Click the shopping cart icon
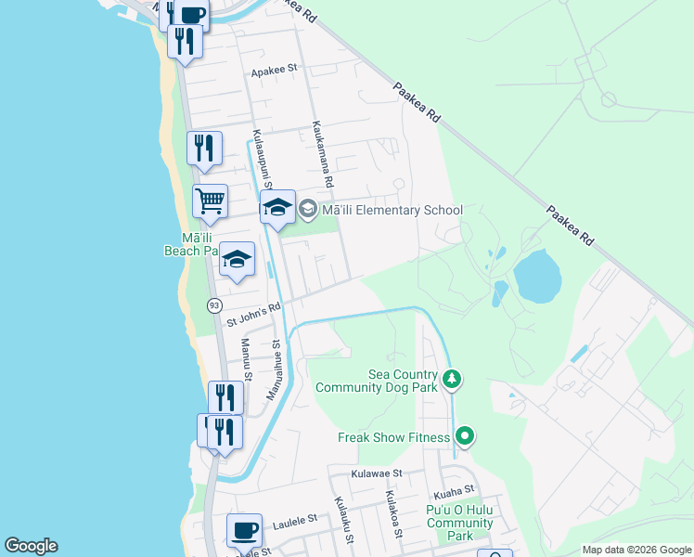[211, 201]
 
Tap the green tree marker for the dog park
[452, 378]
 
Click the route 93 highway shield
[214, 304]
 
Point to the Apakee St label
[274, 69]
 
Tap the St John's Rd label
[253, 316]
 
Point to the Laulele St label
[295, 524]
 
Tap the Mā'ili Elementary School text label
[391, 210]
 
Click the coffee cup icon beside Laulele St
[244, 530]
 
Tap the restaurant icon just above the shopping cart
[204, 148]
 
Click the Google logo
[31, 546]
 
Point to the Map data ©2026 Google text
[636, 550]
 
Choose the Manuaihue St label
[275, 369]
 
